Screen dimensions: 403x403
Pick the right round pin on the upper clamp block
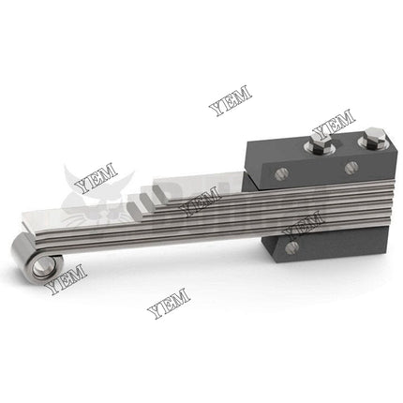pyautogui.click(x=351, y=168)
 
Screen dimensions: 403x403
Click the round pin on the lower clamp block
pyautogui.click(x=291, y=247)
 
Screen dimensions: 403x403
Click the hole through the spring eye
pyautogui.click(x=40, y=268)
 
